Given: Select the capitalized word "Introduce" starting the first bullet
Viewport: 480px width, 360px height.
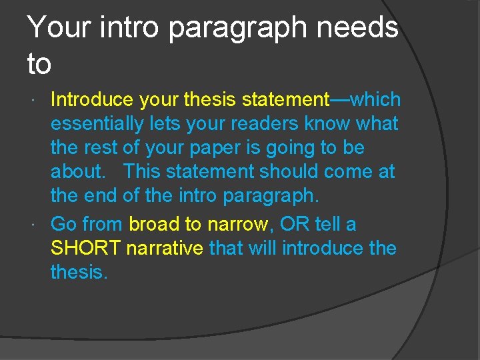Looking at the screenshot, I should (x=92, y=100).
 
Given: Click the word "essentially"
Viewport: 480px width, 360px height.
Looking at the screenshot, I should (x=97, y=124).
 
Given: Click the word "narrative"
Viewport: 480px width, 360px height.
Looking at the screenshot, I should (x=164, y=248).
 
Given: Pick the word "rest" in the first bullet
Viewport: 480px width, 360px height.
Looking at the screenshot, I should (x=99, y=148).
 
